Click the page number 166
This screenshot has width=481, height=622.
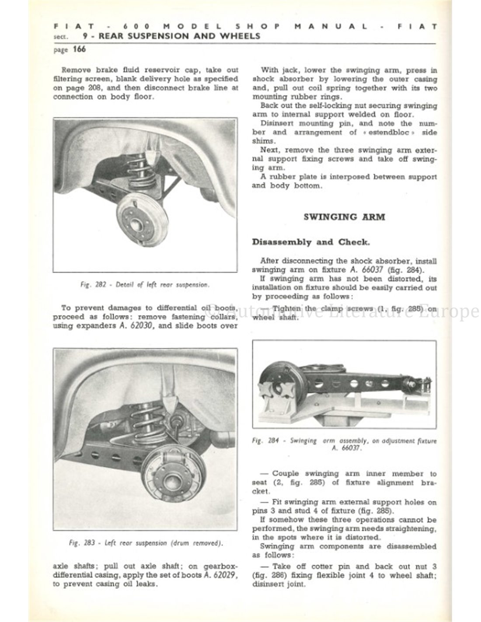pyautogui.click(x=79, y=49)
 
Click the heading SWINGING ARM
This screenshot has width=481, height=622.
pyautogui.click(x=344, y=217)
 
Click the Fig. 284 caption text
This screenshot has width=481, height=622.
pyautogui.click(x=344, y=444)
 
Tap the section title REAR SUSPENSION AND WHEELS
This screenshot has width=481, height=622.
pyautogui.click(x=179, y=36)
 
